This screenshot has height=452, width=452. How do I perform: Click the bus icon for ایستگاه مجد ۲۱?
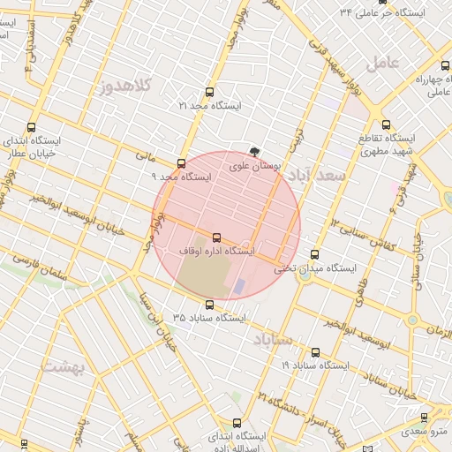(209, 92)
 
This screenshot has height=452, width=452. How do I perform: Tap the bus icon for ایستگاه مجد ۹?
(182, 163)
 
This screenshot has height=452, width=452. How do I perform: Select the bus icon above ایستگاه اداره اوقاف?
(217, 237)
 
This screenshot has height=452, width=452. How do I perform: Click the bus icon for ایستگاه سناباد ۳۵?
(209, 305)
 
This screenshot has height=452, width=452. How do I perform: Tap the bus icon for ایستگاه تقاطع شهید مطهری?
(386, 124)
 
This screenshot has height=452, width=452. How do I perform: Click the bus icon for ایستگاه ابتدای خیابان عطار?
(32, 128)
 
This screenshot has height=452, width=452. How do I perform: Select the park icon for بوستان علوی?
(255, 152)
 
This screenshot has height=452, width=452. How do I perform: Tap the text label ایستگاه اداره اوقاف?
(217, 252)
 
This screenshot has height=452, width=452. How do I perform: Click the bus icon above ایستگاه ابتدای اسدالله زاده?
(236, 423)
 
